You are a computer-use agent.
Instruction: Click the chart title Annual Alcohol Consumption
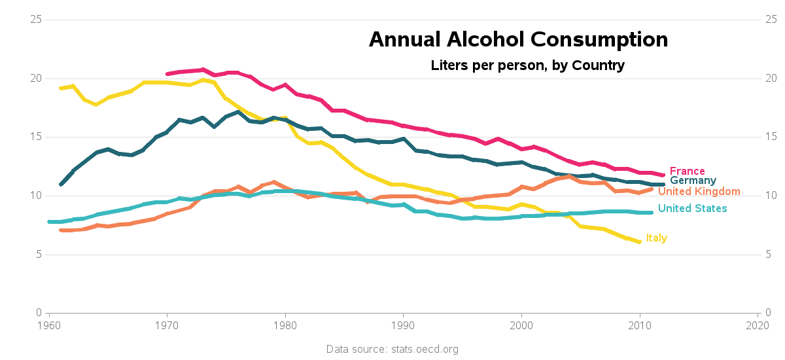[518, 40]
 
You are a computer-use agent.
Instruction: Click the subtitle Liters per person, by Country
[527, 65]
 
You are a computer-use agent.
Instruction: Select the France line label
[687, 171]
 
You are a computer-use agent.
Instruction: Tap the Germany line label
[693, 181]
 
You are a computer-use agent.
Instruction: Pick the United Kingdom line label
[699, 191]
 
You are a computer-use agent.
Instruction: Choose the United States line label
[692, 208]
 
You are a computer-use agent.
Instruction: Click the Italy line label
[656, 238]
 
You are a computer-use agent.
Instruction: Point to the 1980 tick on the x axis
[285, 325]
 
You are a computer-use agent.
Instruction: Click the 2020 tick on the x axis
[758, 325]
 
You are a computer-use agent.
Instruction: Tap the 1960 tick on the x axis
[49, 325]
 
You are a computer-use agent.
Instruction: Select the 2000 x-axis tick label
[521, 325]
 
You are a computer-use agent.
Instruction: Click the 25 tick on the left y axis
[37, 20]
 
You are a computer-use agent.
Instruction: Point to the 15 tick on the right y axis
[771, 137]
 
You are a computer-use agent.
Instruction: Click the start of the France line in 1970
[167, 74]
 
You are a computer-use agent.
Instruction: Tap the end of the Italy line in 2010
[639, 242]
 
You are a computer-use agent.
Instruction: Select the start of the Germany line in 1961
[61, 184]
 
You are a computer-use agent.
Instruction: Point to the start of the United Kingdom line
[61, 230]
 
